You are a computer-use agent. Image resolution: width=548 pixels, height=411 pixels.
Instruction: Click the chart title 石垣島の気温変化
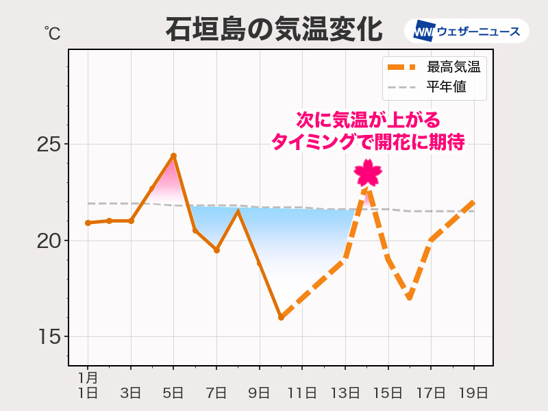point(273,29)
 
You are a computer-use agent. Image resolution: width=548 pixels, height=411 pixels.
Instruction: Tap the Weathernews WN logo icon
point(423,31)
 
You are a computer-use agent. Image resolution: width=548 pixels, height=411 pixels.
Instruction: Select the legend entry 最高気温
point(453,67)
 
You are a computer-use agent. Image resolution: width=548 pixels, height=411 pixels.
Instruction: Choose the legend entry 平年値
point(446,87)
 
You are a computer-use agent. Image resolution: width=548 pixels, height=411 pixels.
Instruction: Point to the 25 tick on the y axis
point(48,145)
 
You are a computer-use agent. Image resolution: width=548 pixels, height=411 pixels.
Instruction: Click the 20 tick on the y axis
point(48,241)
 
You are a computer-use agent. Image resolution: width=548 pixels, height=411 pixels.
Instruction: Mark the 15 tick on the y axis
point(48,337)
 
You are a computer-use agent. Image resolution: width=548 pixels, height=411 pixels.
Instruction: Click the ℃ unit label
point(52,32)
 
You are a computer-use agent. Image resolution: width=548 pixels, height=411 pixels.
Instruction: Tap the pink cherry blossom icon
point(368,173)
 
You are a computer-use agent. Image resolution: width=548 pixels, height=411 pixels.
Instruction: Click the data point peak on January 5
point(173,156)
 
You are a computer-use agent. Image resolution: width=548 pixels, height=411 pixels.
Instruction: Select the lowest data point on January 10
point(281,317)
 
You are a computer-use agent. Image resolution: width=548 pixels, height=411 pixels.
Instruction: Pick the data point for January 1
point(88,223)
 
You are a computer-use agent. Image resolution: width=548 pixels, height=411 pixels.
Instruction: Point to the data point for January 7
point(216,250)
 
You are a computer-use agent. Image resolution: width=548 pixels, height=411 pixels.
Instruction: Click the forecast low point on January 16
point(409,297)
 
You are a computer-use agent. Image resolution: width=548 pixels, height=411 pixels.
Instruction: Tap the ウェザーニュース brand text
point(478,31)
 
